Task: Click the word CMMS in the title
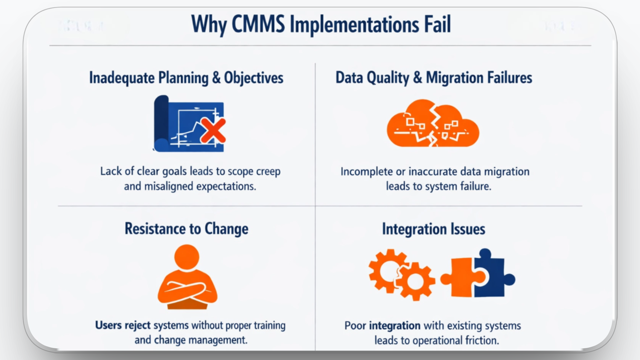(x=258, y=24)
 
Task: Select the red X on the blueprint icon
(x=213, y=130)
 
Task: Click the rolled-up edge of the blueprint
(x=161, y=123)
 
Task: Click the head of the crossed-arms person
(x=187, y=257)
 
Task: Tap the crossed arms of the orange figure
(x=187, y=289)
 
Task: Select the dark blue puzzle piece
(x=492, y=275)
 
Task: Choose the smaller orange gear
(x=415, y=282)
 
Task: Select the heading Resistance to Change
(x=186, y=229)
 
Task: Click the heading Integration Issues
(x=433, y=229)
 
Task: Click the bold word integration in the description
(x=395, y=326)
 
